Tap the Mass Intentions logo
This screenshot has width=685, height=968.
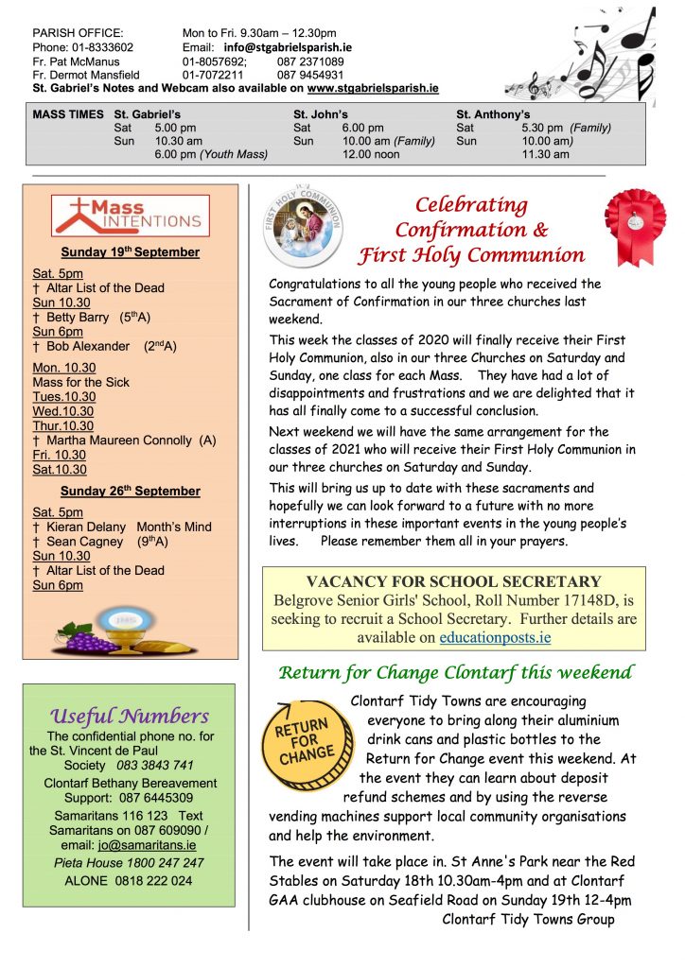131,216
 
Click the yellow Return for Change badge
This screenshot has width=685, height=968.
305,741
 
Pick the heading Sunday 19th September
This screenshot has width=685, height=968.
131,252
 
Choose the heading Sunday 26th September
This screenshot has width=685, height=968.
131,491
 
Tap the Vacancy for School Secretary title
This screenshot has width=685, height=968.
453,581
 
